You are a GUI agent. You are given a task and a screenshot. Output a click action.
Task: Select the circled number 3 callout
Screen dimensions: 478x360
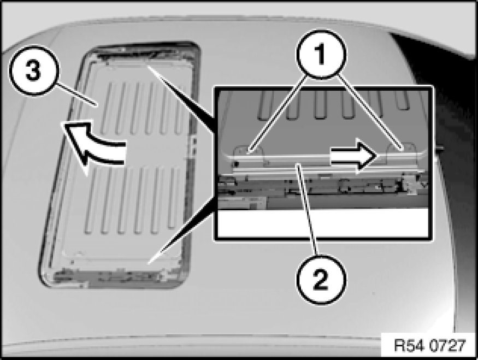click(33, 70)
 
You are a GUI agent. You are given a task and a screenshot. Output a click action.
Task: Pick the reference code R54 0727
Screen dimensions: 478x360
click(430, 345)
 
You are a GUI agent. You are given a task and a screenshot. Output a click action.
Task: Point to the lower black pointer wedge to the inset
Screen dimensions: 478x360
click(182, 229)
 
